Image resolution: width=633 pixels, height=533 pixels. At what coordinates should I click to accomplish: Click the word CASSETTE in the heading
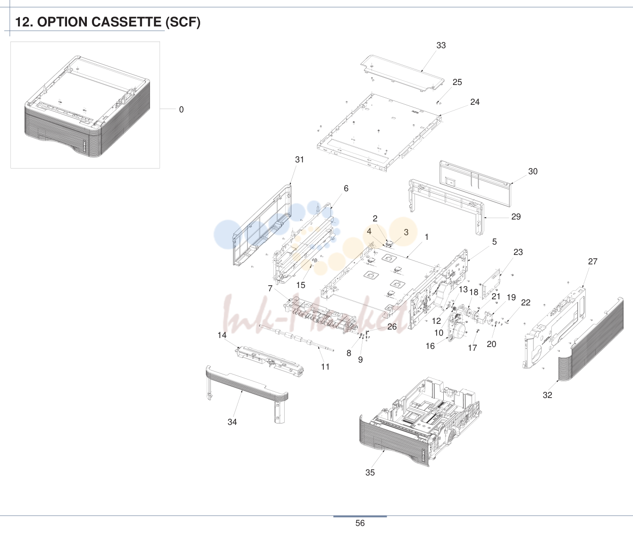(126, 22)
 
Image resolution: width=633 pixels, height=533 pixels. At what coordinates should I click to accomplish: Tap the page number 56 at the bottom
(360, 523)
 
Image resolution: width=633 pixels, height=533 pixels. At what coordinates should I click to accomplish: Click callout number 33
(441, 45)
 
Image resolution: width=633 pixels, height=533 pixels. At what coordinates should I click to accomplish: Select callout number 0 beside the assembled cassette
(181, 110)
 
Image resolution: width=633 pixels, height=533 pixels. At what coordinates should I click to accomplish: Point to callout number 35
(370, 473)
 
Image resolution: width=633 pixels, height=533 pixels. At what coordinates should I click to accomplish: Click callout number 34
(232, 422)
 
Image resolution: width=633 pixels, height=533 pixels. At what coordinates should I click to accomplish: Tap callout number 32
(547, 395)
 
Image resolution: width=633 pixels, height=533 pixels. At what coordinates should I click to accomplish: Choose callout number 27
(593, 262)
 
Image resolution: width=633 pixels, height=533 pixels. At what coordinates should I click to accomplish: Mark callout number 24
(475, 102)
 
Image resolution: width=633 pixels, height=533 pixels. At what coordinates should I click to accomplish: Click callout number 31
(300, 160)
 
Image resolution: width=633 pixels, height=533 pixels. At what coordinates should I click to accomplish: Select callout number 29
(516, 217)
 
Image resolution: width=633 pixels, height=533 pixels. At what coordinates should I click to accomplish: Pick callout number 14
(222, 335)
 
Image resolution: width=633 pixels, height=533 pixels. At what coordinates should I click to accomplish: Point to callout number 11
(325, 367)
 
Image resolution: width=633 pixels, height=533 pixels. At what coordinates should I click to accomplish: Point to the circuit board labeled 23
(491, 283)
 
